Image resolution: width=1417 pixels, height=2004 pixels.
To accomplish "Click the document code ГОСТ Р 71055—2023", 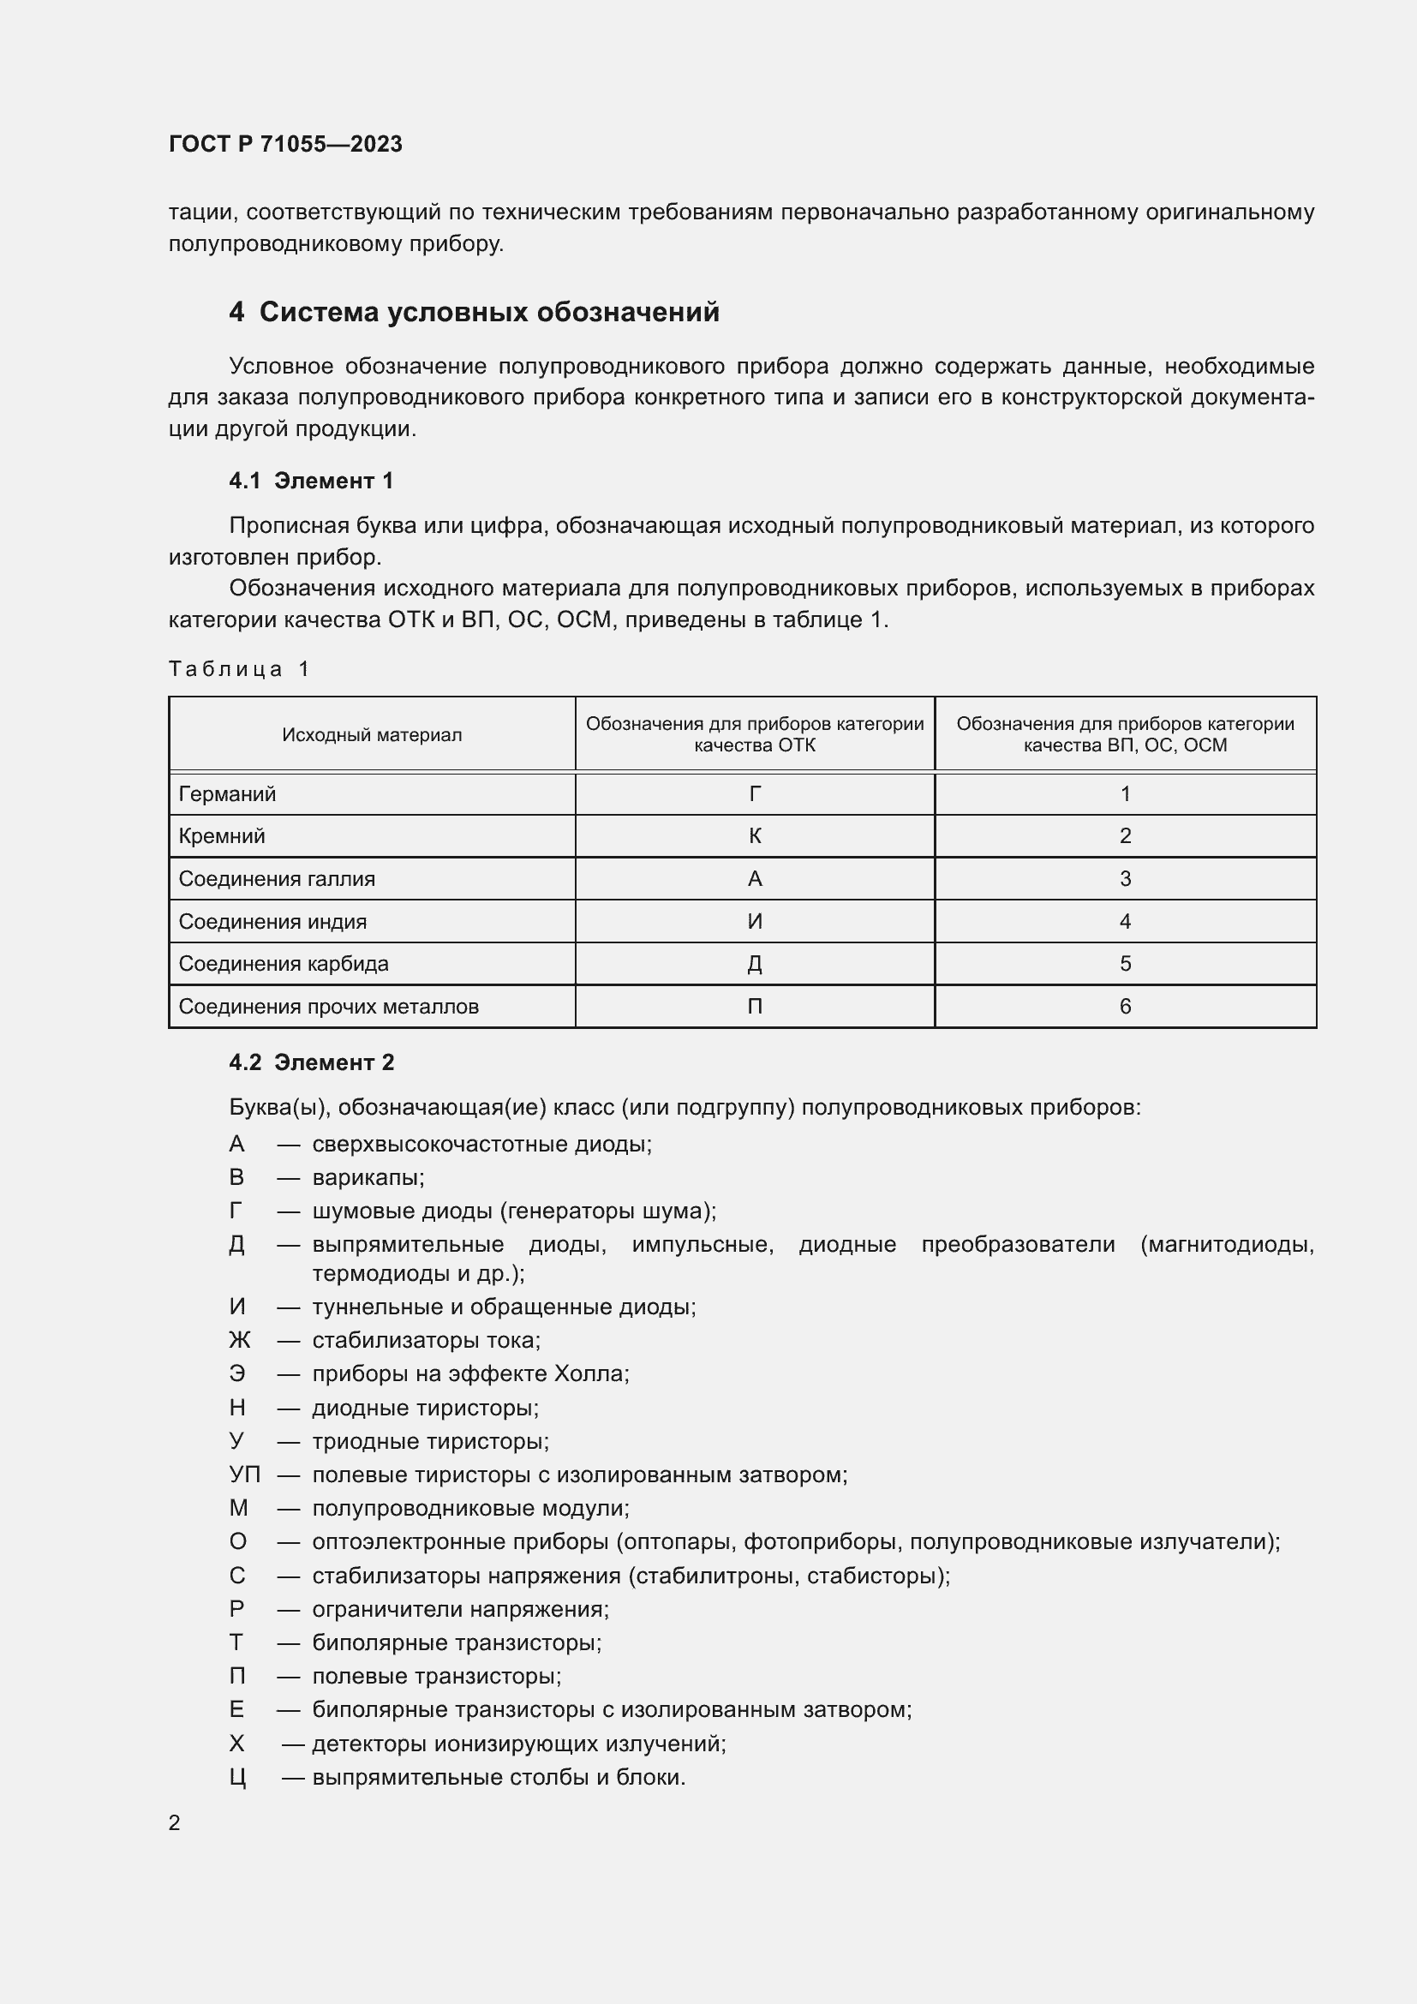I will pos(285,144).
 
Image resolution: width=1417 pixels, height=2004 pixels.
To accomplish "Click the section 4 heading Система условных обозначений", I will pos(474,312).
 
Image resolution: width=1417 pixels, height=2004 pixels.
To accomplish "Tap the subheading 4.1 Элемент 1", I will pos(311,480).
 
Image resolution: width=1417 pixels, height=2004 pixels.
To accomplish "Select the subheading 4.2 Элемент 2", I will pos(311,1062).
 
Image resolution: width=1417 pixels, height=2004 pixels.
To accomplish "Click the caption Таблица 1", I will pos(239,668).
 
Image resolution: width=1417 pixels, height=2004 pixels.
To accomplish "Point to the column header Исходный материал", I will pos(372,735).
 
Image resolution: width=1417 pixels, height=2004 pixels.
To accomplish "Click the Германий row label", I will pos(227,793).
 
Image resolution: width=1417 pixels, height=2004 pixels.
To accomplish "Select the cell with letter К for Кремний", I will pos(755,835).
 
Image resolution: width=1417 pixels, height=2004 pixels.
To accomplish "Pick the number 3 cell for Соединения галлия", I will pos(1125,878).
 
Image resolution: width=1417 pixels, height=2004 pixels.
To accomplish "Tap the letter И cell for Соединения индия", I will pos(755,921).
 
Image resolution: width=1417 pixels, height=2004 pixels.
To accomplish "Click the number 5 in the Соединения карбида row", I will pos(1125,964).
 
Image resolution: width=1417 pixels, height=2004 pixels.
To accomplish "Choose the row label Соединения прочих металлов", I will pos(328,1007).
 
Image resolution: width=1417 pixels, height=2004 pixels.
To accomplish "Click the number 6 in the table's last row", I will pos(1125,1007).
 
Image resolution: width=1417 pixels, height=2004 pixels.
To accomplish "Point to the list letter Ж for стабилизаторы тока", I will pos(239,1340).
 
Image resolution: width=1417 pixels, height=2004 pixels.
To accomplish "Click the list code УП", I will pos(244,1475).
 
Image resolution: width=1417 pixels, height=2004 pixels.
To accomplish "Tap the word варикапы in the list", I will pos(368,1177).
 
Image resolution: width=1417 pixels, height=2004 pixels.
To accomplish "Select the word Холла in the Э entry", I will pos(591,1373).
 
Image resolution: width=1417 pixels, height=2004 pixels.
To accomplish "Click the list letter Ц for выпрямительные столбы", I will pos(237,1777).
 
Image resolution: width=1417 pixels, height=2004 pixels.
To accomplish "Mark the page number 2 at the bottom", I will pos(175,1822).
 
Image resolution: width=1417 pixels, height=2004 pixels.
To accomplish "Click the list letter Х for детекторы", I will pos(236,1744).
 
